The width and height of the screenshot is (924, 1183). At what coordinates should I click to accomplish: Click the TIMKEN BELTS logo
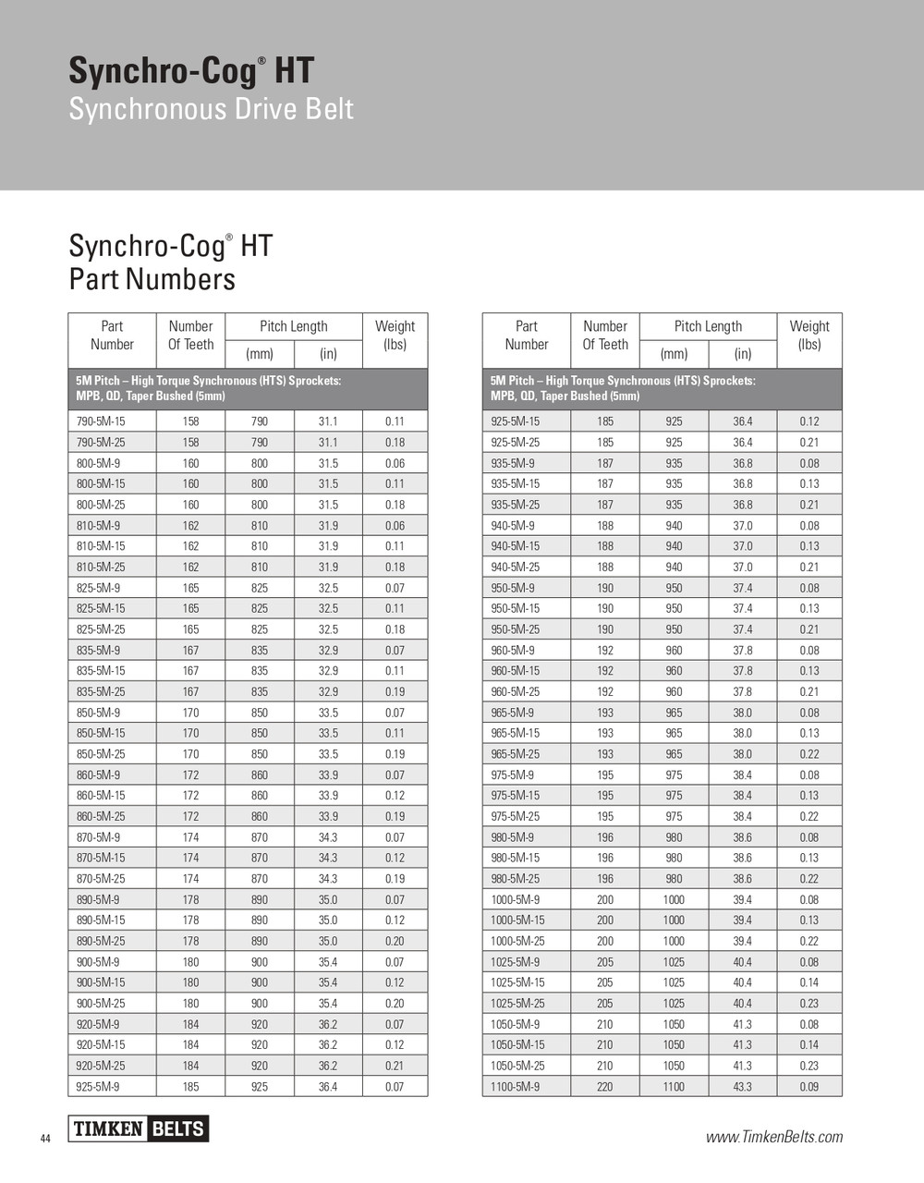point(139,1128)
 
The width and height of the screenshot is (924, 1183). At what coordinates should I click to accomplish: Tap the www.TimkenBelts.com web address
point(774,1137)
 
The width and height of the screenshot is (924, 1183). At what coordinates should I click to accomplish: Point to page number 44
point(45,1139)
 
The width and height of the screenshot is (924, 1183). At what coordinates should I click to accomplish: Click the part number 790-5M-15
point(101,421)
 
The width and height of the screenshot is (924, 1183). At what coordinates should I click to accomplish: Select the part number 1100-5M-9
point(516,1087)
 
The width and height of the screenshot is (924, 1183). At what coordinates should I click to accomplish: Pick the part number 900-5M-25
point(101,1004)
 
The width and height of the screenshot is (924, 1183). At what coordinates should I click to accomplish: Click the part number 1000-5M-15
point(517,921)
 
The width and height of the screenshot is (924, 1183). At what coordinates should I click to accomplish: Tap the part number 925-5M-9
point(98,1087)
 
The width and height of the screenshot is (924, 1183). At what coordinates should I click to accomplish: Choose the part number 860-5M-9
point(98,774)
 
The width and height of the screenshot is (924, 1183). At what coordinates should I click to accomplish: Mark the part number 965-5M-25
point(516,754)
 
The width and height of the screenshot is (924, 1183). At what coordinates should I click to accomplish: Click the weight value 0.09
point(809,1087)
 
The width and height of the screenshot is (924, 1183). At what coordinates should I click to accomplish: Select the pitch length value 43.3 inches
point(743,1087)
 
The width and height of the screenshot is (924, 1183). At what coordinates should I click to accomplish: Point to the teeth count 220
point(605,1087)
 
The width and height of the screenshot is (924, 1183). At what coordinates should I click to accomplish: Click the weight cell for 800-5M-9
point(395,463)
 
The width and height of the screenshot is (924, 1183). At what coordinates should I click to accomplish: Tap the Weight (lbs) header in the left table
point(395,335)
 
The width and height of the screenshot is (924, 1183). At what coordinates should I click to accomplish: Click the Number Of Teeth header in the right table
point(605,335)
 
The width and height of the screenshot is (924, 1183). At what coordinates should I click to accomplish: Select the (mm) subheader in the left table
point(260,354)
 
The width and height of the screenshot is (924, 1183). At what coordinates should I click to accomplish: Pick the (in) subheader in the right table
point(743,354)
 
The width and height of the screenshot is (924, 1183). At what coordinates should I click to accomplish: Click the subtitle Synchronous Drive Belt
point(211,109)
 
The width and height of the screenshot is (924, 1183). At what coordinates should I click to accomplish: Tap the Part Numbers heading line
point(152,279)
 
